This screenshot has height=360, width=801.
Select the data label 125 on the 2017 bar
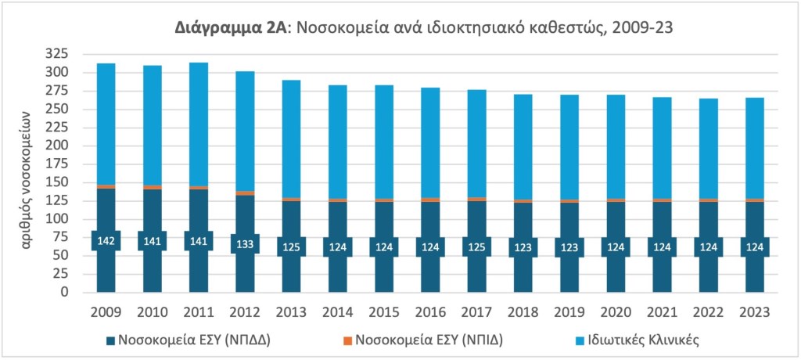click(x=476, y=247)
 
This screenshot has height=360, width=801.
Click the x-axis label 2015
click(x=384, y=312)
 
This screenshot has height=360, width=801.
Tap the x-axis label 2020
click(x=616, y=312)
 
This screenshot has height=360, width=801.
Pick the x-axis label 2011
click(x=199, y=312)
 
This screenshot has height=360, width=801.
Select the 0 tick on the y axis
click(x=66, y=293)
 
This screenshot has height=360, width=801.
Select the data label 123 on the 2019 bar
click(x=569, y=247)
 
